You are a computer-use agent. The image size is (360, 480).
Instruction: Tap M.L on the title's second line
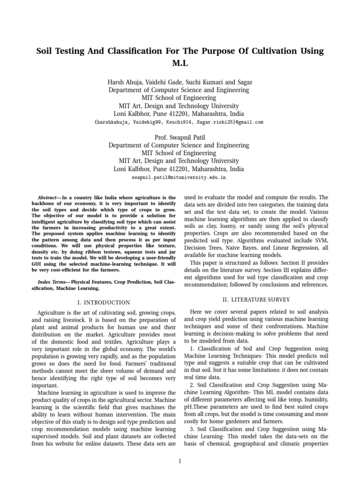click(x=180, y=63)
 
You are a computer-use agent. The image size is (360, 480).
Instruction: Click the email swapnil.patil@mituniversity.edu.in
click(x=180, y=178)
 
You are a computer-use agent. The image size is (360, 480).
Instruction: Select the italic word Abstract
click(x=48, y=198)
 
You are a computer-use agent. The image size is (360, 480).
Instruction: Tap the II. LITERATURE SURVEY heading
click(x=257, y=300)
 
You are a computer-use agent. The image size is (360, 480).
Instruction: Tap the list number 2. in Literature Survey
click(x=194, y=385)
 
